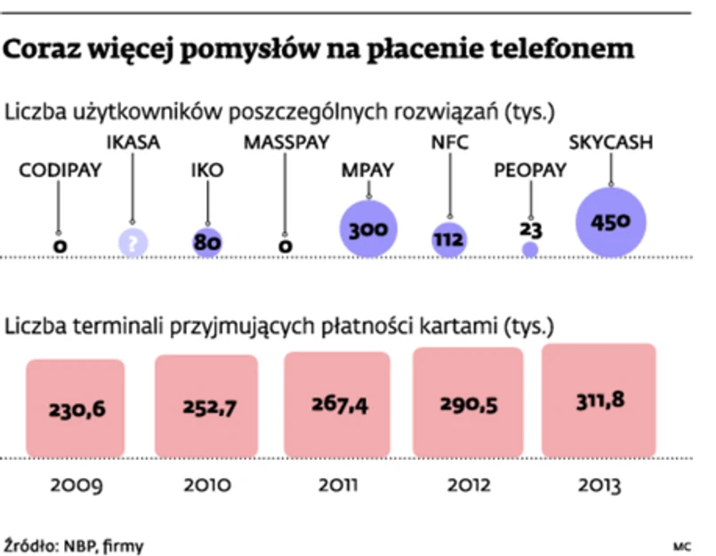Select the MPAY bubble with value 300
(x=367, y=229)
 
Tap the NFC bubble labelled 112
(x=449, y=238)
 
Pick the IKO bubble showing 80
(x=206, y=242)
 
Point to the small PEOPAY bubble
(x=530, y=250)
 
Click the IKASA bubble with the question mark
(x=133, y=242)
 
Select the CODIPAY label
(x=59, y=171)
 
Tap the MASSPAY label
(x=286, y=142)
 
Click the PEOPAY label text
(x=530, y=171)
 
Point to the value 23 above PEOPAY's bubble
(x=531, y=230)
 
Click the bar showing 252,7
(x=205, y=406)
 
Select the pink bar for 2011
(x=336, y=403)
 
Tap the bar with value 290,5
(x=467, y=401)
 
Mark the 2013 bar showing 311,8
(x=598, y=399)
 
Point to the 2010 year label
(x=205, y=485)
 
